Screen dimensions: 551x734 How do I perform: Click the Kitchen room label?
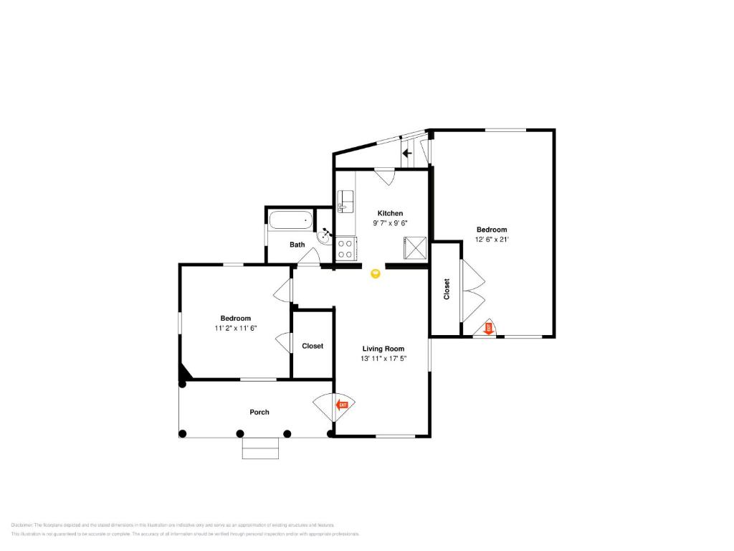click(x=390, y=213)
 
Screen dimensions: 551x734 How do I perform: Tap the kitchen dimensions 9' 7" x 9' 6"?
click(x=390, y=223)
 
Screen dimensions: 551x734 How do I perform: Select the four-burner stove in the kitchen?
click(x=345, y=248)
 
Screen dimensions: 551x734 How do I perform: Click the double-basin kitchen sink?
click(x=345, y=202)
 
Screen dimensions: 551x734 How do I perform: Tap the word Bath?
click(x=297, y=245)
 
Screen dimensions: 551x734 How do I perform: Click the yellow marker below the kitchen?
click(x=376, y=273)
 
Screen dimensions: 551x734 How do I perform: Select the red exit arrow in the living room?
click(x=343, y=405)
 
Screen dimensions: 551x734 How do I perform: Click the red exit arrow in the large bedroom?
click(x=489, y=328)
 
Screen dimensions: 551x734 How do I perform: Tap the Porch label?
click(x=259, y=412)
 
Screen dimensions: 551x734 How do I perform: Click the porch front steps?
click(x=260, y=448)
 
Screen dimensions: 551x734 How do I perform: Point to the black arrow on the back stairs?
click(x=406, y=153)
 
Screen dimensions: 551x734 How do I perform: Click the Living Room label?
click(x=383, y=349)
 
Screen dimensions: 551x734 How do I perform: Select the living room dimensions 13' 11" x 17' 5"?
click(x=383, y=359)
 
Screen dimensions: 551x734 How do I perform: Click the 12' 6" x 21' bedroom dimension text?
click(x=492, y=240)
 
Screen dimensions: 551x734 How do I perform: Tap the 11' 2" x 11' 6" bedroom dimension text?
click(x=235, y=328)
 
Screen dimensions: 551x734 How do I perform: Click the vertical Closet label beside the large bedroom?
click(x=447, y=289)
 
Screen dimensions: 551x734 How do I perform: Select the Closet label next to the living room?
click(x=313, y=346)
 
